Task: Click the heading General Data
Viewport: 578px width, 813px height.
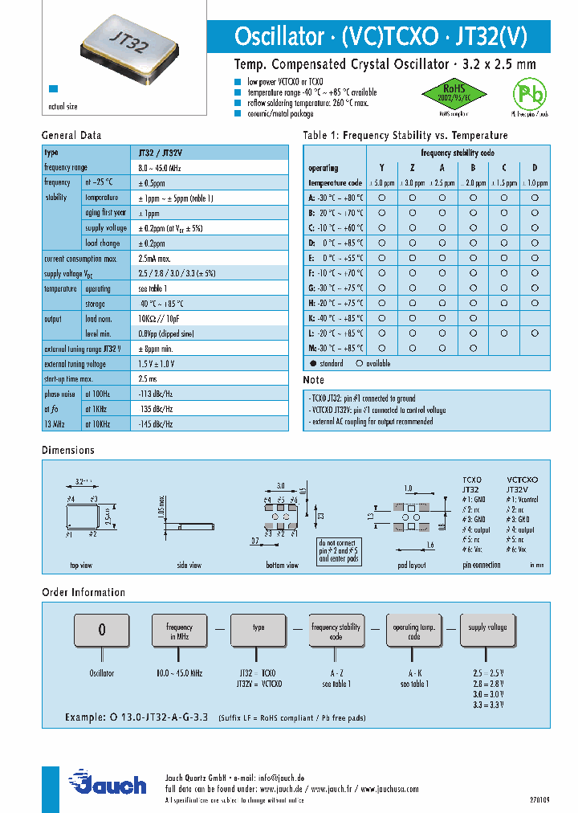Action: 71,136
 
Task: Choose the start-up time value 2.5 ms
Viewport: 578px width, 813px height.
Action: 149,378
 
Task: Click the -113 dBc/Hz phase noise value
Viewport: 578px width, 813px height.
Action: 157,394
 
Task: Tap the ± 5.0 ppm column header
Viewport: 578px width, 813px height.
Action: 381,182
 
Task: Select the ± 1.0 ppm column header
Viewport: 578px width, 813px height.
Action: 535,182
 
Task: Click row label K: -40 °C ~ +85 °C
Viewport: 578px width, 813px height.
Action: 336,318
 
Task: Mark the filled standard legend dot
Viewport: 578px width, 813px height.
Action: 313,363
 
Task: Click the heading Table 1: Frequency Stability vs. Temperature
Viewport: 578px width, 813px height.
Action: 405,136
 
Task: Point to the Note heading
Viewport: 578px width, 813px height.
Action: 314,380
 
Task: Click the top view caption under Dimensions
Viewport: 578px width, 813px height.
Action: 81,566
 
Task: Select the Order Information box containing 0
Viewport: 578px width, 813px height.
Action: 102,630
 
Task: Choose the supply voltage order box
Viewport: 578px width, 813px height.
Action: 487,631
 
